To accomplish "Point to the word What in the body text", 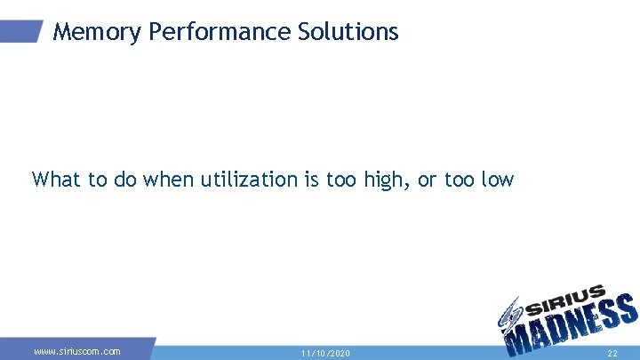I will [x=56, y=180].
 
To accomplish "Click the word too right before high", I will [x=340, y=180].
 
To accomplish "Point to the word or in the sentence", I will [x=428, y=180].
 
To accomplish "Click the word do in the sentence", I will [x=123, y=180].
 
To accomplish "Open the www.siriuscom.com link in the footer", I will [x=77, y=352].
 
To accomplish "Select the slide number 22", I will [x=612, y=354].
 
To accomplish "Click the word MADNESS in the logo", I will [x=569, y=329].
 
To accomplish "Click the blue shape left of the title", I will [x=21, y=31].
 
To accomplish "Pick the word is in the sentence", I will [x=311, y=180].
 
